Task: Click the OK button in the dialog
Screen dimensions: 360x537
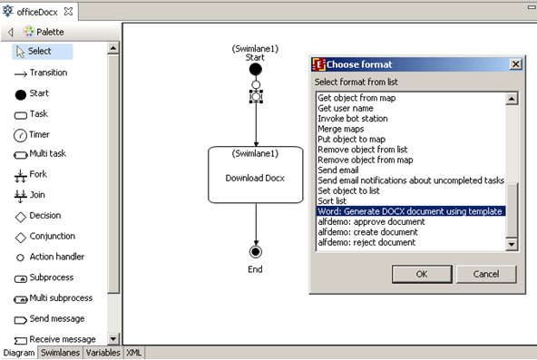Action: pyautogui.click(x=422, y=274)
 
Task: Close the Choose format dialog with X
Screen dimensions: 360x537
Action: pyautogui.click(x=515, y=64)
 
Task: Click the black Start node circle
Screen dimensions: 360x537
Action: pyautogui.click(x=256, y=69)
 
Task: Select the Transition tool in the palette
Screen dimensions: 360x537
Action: pyautogui.click(x=47, y=73)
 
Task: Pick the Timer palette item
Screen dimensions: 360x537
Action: pyautogui.click(x=38, y=134)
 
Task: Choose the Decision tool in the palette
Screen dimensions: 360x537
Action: pyautogui.click(x=44, y=217)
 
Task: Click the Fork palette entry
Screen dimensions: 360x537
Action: pyautogui.click(x=37, y=174)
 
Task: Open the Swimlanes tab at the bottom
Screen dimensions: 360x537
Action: pyautogui.click(x=61, y=353)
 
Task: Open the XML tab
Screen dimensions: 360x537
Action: pyautogui.click(x=132, y=353)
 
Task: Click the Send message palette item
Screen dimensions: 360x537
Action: pyautogui.click(x=56, y=319)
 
